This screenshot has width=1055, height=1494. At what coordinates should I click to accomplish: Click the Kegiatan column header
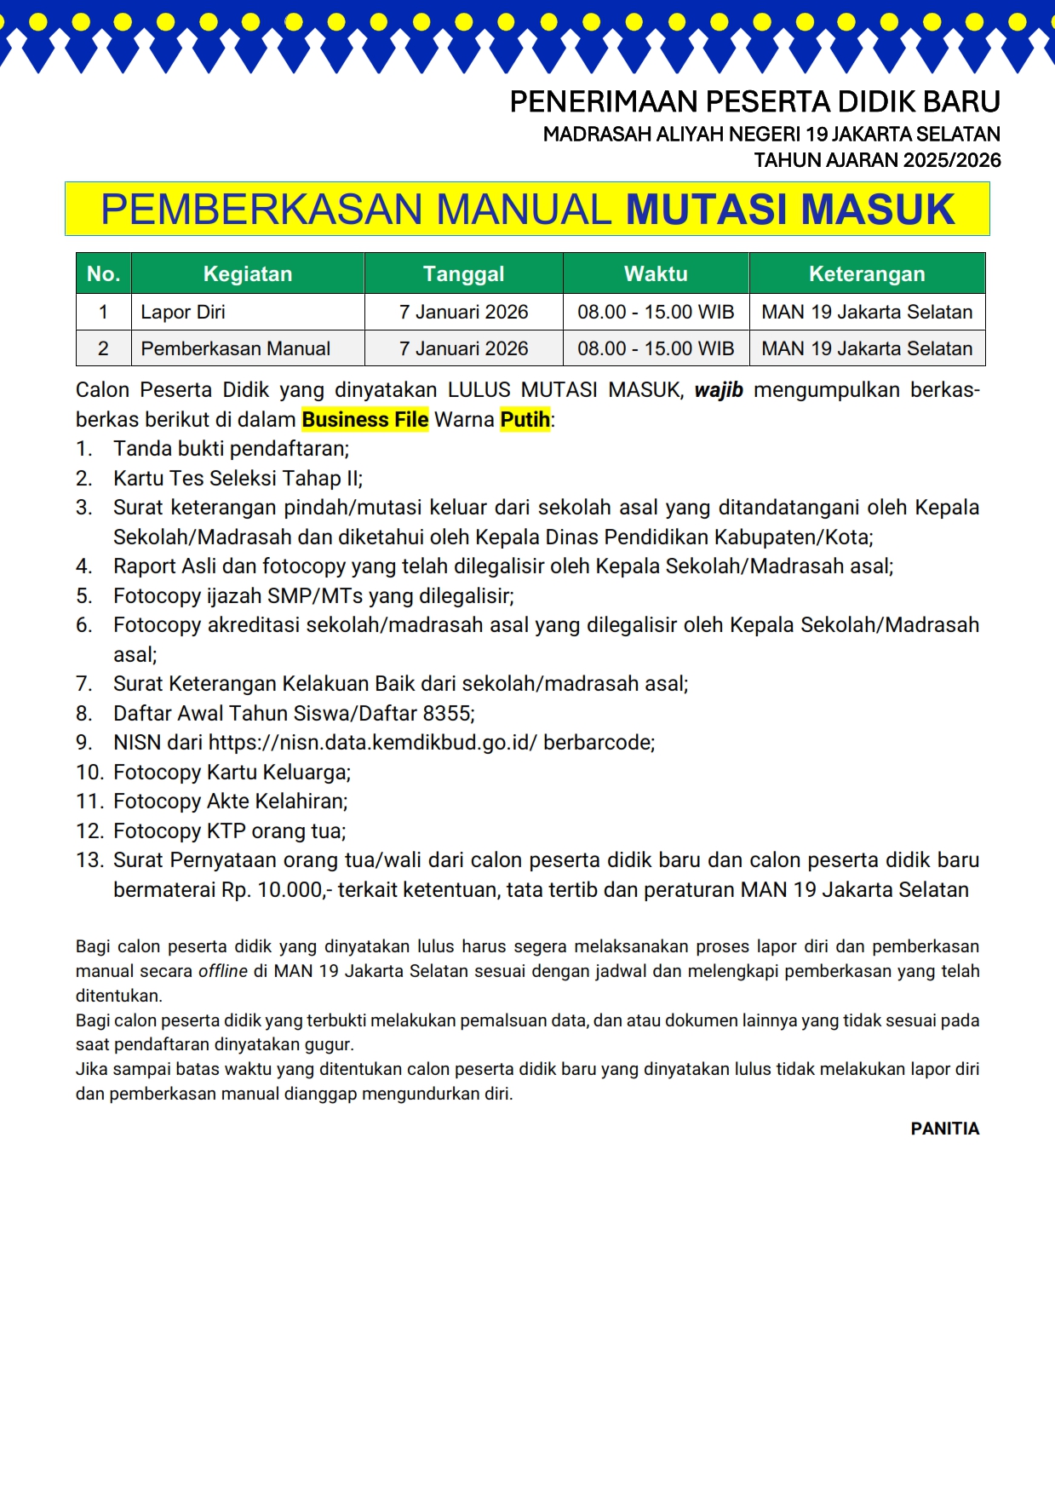point(248,273)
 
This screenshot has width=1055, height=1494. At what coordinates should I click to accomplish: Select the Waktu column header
point(656,273)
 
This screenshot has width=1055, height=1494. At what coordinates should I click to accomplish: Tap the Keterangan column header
point(867,273)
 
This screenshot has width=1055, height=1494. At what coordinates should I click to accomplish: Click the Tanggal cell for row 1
point(463,312)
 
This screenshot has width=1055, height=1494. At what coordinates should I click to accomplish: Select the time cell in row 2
point(656,348)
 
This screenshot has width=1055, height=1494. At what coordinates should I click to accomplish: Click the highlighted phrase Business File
point(365,419)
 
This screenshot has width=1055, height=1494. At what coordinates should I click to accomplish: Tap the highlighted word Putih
point(525,419)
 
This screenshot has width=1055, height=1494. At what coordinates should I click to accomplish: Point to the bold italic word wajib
point(719,390)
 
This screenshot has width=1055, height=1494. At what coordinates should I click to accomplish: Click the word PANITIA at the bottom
point(944,1129)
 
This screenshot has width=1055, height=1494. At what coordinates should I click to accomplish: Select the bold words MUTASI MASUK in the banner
point(790,210)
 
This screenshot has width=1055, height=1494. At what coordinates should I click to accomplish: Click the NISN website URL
point(373,743)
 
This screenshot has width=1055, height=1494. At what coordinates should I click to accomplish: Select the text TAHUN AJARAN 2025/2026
point(877,160)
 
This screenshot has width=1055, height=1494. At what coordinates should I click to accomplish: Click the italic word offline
point(223,971)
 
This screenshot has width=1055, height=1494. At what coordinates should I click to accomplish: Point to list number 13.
point(89,860)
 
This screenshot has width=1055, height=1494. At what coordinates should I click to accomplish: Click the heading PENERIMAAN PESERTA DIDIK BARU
point(754,102)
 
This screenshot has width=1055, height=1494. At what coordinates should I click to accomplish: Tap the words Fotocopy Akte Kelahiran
point(230,802)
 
